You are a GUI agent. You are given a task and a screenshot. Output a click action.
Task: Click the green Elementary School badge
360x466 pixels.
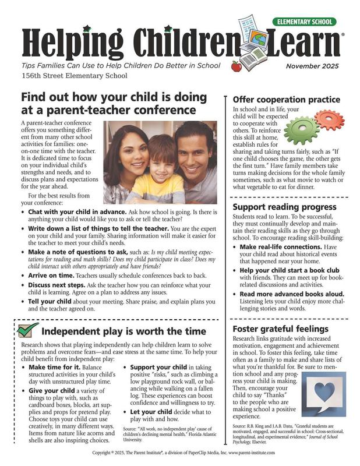(x=304, y=22)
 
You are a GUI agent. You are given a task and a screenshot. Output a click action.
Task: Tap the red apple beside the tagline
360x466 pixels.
(x=236, y=66)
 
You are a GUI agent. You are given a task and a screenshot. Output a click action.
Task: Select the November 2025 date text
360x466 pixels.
(x=311, y=66)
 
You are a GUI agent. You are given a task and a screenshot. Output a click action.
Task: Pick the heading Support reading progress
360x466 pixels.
(x=284, y=207)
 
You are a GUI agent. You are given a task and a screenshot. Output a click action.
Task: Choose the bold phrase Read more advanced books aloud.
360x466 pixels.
(x=291, y=295)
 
